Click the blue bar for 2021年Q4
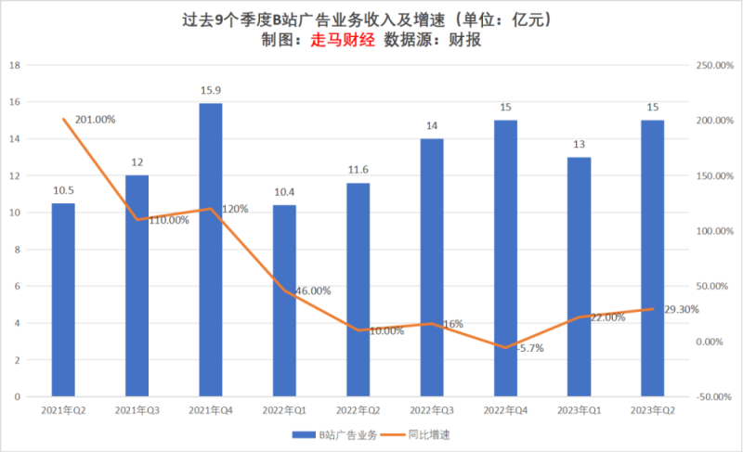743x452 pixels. (211, 251)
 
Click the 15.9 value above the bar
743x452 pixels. (211, 90)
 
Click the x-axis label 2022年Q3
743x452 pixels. (431, 409)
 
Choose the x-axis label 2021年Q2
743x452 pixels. (63, 409)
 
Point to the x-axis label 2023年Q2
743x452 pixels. (652, 409)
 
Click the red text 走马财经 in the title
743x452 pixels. (342, 41)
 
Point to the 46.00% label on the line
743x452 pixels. (312, 291)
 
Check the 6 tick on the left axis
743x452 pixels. (17, 287)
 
